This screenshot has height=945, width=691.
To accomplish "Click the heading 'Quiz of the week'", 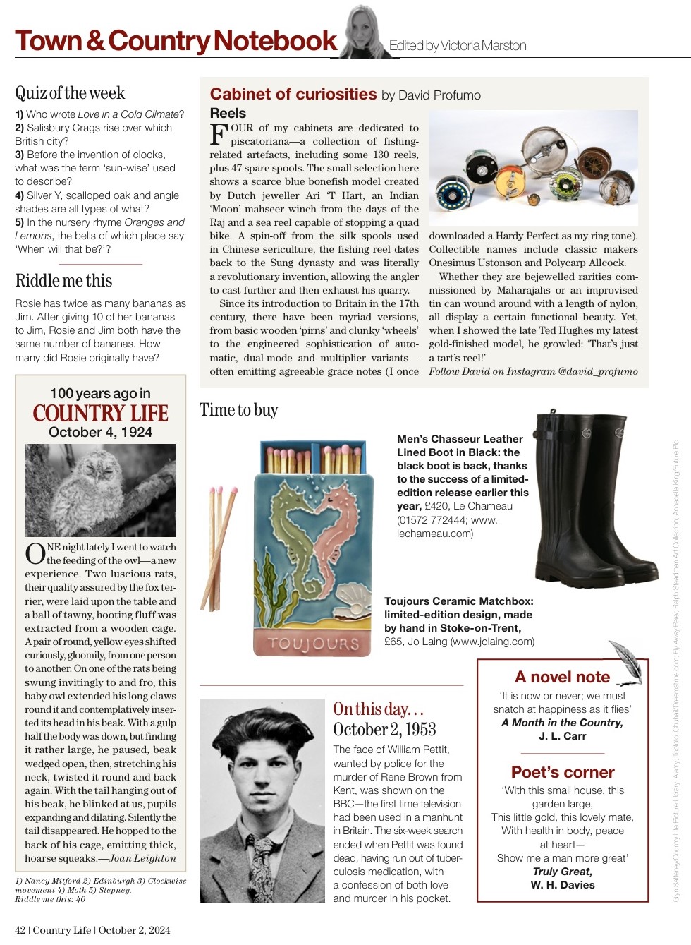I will (x=70, y=93).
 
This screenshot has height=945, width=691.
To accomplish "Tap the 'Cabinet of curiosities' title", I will (x=293, y=95).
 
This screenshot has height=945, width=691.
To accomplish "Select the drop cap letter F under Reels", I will (x=219, y=134).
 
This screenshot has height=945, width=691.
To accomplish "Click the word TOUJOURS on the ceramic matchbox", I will (x=313, y=643).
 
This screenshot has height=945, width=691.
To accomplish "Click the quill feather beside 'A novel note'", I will (x=627, y=661).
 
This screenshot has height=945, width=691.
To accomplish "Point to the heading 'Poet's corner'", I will (x=563, y=772).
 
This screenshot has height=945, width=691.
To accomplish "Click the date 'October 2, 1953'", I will (x=384, y=730).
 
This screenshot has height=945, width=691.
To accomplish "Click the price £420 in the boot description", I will (x=437, y=506).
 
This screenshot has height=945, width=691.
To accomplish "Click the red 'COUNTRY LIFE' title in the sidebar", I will (x=100, y=413).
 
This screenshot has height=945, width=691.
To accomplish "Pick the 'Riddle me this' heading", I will (x=63, y=281).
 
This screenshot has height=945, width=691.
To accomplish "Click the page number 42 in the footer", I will (x=20, y=930).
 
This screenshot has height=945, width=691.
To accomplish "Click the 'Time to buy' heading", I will (x=238, y=410).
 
